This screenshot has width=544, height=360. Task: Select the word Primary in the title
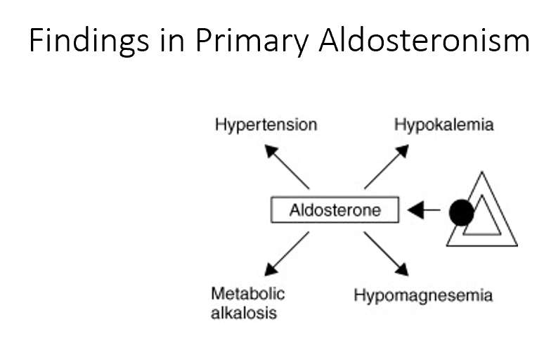tap(252, 41)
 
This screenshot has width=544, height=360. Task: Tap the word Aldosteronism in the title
tap(424, 41)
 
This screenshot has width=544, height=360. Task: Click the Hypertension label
tap(266, 125)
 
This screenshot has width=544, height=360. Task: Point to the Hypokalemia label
tap(443, 125)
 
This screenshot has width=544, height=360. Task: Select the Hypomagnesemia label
tap(422, 295)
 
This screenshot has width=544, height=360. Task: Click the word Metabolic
tap(248, 293)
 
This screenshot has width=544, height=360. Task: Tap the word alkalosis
tap(244, 313)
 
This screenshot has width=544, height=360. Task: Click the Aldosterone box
tap(335, 210)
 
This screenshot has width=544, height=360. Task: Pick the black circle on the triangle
tap(461, 212)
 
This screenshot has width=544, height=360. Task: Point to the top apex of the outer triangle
tap(481, 172)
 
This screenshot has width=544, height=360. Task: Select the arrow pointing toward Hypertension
tap(287, 167)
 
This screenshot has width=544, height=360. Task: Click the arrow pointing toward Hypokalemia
tap(387, 167)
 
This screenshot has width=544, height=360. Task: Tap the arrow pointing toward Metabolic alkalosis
tap(287, 253)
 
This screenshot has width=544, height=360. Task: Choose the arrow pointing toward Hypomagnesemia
tap(387, 253)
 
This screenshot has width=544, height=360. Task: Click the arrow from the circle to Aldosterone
tap(424, 210)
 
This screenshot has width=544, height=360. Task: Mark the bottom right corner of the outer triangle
tap(515, 245)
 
